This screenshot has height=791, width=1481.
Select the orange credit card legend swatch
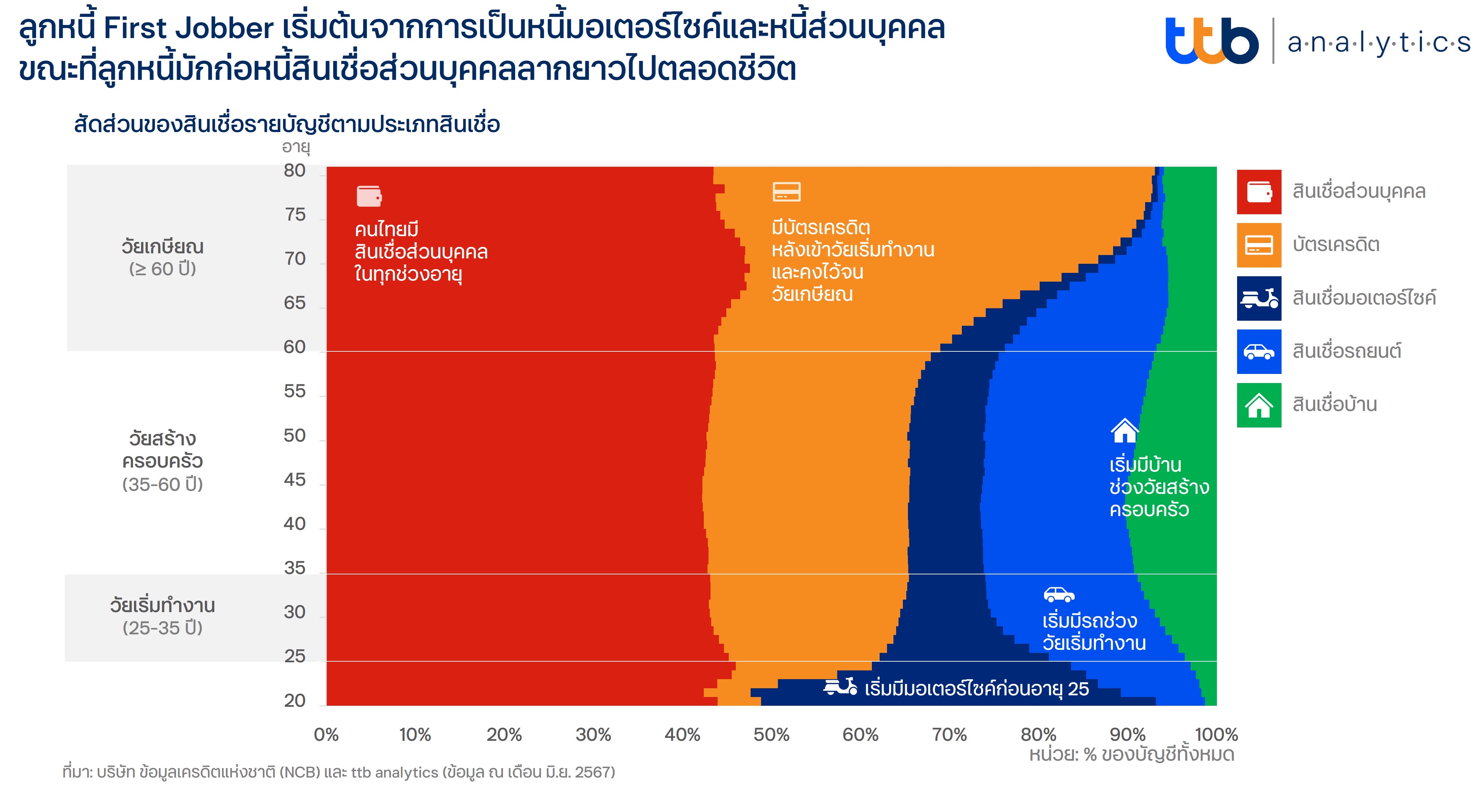point(1259,245)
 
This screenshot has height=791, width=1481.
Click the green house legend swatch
point(1259,405)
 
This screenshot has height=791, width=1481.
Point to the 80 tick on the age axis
point(294,171)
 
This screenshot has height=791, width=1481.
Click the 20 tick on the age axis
point(294,700)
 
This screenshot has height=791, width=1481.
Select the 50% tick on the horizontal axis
point(771,734)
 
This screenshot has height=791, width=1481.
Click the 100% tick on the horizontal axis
point(1216,734)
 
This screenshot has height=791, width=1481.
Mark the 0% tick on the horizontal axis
point(326,734)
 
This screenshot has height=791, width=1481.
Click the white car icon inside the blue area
point(1059,594)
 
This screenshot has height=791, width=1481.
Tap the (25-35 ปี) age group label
point(163,628)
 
